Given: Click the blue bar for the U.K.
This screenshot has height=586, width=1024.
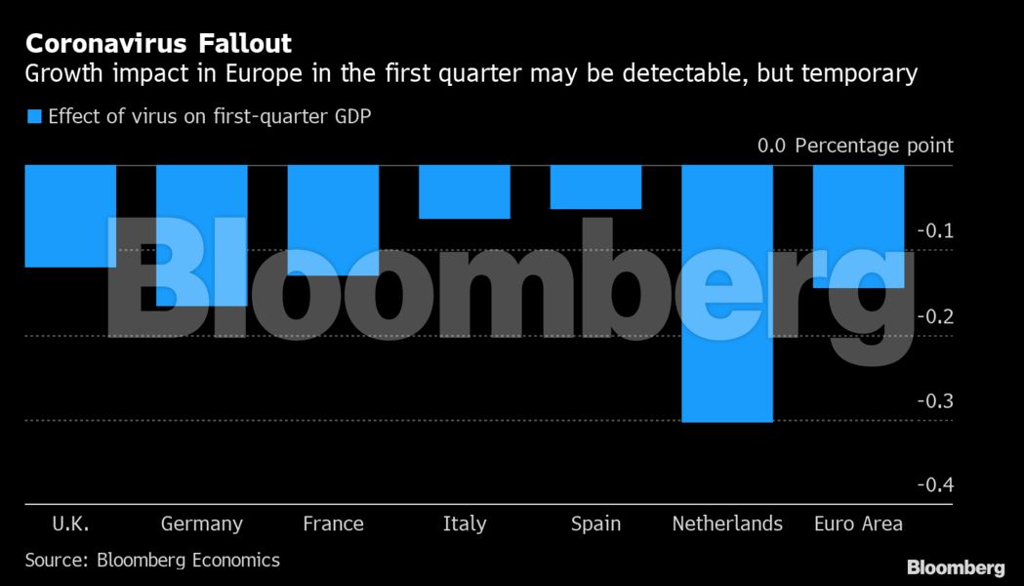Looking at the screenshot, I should (70, 216).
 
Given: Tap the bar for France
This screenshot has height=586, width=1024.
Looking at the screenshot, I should (333, 220).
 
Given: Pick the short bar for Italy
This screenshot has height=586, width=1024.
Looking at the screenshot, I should (464, 191).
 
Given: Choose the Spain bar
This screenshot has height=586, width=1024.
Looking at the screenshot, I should (595, 187).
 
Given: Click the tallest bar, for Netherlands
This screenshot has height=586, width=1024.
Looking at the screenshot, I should (727, 293).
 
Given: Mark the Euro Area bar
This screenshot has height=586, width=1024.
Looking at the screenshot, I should (858, 227).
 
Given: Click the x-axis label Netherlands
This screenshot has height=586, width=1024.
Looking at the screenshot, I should (727, 523).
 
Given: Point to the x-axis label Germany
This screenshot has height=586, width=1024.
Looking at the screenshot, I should (202, 524).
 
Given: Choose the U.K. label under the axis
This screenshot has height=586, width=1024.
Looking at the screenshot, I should (70, 523).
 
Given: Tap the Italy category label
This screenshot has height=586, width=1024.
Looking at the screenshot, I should (464, 523).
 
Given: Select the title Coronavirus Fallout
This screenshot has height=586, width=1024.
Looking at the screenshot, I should (158, 44).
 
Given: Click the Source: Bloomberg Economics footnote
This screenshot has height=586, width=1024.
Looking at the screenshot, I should (152, 560).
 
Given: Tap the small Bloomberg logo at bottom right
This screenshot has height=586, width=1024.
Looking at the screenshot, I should (956, 567).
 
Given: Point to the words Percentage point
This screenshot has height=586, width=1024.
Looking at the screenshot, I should (874, 146).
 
